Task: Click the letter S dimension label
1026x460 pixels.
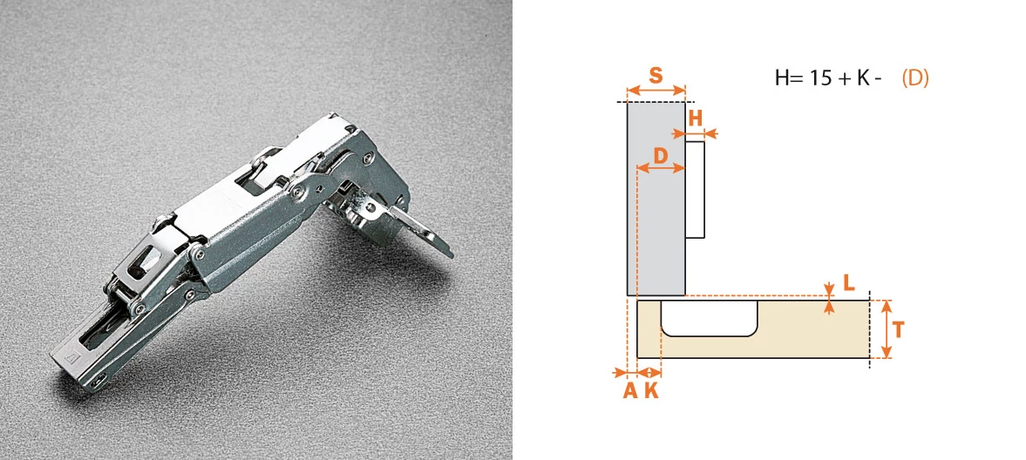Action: click(x=656, y=75)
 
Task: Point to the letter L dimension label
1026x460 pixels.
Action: click(x=848, y=282)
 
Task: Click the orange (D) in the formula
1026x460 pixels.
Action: click(x=915, y=78)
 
